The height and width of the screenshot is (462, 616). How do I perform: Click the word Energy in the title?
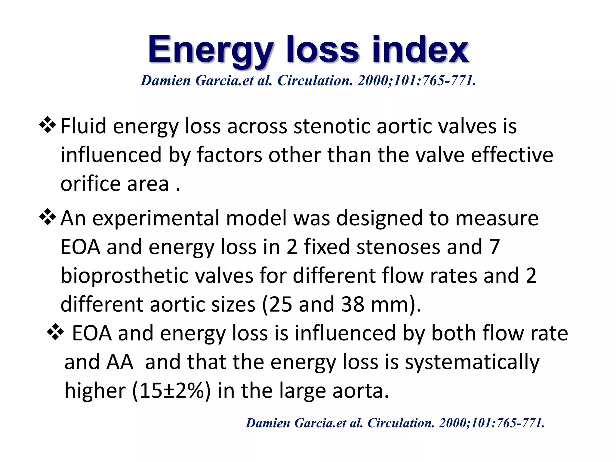coord(210,50)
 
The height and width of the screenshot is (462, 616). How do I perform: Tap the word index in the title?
coord(420,49)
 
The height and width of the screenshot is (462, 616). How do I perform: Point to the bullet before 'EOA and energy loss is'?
coord(55,333)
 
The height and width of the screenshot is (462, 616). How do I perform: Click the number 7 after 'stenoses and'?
coord(494,247)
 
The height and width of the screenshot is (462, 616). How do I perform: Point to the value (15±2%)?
coord(171,391)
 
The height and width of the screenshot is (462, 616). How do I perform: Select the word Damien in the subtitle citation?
coord(166,81)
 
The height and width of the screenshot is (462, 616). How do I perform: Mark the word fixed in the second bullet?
coord(327,247)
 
